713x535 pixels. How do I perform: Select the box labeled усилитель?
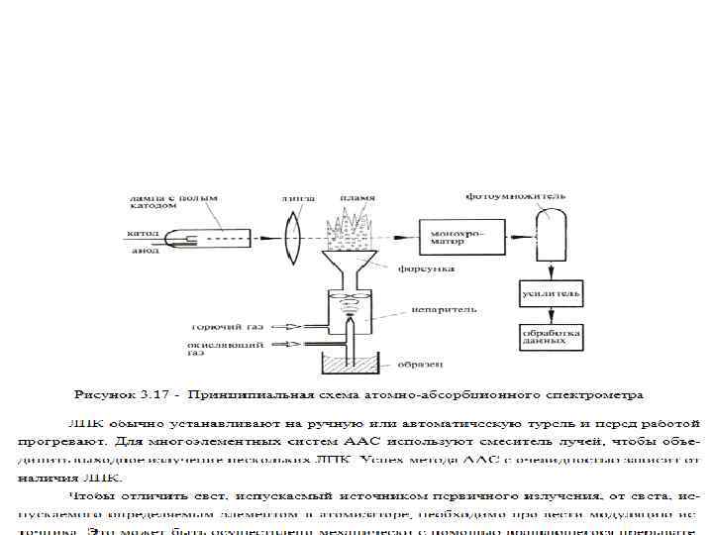click(x=552, y=293)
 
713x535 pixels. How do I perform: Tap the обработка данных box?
click(x=552, y=337)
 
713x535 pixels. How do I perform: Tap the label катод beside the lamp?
click(x=137, y=234)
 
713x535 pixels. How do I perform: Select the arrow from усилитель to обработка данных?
click(x=552, y=315)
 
